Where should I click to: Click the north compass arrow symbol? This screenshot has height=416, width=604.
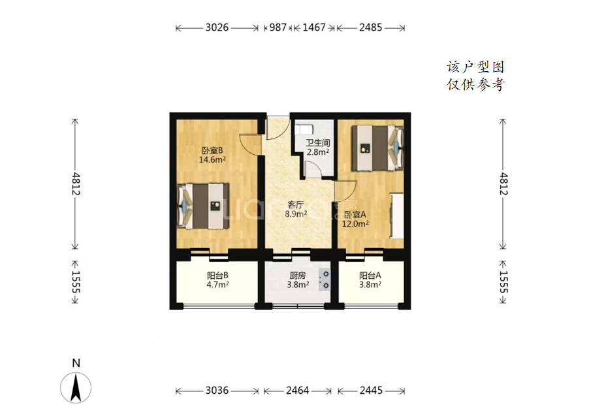(x=76, y=387)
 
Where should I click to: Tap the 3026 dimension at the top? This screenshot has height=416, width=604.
(x=217, y=27)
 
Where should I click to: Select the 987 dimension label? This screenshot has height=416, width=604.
(x=278, y=27)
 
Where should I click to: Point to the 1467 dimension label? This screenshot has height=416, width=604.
(x=314, y=27)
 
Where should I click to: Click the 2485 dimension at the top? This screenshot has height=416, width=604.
(x=371, y=27)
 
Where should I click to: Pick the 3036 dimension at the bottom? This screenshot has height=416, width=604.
(x=217, y=391)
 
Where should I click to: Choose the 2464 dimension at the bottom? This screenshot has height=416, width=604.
(x=297, y=391)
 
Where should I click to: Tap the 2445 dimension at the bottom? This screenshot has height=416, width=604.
(x=371, y=391)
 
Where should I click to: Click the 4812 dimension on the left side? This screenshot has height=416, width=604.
(x=76, y=184)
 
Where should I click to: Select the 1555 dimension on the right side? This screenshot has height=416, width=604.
(x=504, y=282)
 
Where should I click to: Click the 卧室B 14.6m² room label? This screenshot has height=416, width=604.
(x=212, y=155)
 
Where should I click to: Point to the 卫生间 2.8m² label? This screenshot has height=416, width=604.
(x=318, y=147)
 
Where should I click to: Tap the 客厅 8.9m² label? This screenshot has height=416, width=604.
(x=296, y=209)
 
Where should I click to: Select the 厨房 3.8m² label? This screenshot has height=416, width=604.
(x=298, y=280)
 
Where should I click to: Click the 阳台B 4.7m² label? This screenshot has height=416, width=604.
(x=217, y=280)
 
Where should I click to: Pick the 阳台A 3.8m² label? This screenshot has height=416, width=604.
(x=370, y=280)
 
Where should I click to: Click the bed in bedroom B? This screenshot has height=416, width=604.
(x=202, y=206)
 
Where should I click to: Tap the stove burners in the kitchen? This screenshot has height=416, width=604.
(x=325, y=280)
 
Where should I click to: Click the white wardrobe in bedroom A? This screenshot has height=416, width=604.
(x=397, y=216)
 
